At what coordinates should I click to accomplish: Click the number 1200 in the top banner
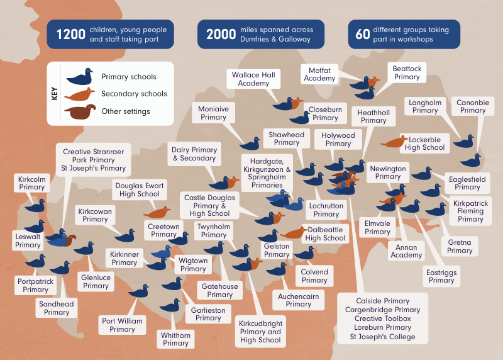(71, 35)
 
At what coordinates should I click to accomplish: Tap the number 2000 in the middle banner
(221, 35)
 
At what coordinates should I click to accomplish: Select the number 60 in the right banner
(363, 35)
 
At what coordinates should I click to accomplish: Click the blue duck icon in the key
(80, 76)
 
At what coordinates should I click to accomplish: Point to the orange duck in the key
(79, 94)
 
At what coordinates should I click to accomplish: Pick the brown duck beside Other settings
(80, 112)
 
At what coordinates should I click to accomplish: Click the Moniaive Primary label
(213, 113)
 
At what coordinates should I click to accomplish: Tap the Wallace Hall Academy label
(253, 79)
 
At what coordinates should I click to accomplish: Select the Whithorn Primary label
(175, 339)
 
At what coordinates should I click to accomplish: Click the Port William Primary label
(122, 325)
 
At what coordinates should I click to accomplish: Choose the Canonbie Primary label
(473, 106)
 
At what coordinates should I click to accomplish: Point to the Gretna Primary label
(460, 246)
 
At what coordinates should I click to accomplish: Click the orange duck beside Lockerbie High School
(394, 142)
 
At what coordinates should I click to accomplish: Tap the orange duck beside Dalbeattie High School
(294, 233)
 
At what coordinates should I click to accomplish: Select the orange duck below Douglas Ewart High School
(157, 212)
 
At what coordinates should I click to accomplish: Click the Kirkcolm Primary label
(32, 183)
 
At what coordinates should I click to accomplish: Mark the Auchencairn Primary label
(298, 300)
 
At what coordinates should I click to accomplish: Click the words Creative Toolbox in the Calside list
(383, 318)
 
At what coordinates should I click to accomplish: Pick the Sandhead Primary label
(57, 308)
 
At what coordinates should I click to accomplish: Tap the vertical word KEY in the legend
(55, 94)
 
